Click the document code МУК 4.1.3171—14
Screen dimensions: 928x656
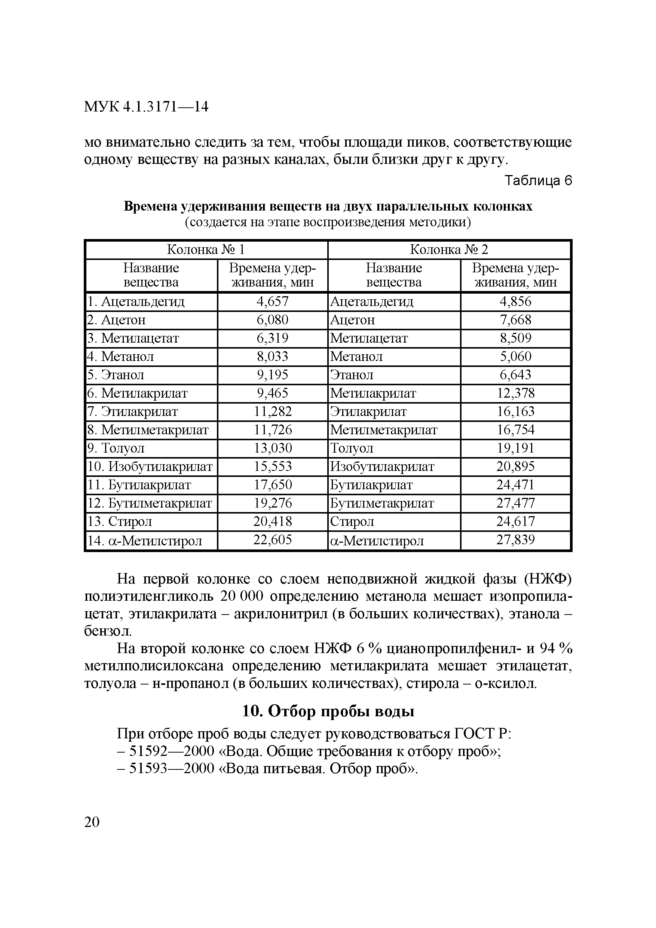[x=146, y=107]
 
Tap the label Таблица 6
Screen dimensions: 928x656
[x=539, y=181]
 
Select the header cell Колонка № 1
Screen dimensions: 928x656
[x=206, y=250]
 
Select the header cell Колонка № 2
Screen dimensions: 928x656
[x=449, y=250]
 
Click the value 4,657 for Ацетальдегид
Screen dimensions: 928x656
[x=272, y=301]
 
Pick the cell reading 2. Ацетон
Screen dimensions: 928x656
[x=116, y=320]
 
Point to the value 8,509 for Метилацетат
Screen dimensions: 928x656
[x=515, y=338]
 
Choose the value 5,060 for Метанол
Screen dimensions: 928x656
[x=515, y=356]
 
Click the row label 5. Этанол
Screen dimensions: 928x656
[x=116, y=375]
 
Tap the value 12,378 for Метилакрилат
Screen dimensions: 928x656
[x=515, y=393]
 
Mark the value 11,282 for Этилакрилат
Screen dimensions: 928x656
[x=272, y=411]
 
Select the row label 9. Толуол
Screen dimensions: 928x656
[x=116, y=448]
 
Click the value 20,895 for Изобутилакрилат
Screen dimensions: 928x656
[x=515, y=466]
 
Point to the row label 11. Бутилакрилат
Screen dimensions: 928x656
[x=140, y=485]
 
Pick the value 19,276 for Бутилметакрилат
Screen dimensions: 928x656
[x=272, y=503]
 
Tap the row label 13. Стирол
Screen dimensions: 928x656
[x=120, y=521]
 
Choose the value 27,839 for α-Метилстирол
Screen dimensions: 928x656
[x=515, y=540]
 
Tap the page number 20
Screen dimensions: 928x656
[x=92, y=822]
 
